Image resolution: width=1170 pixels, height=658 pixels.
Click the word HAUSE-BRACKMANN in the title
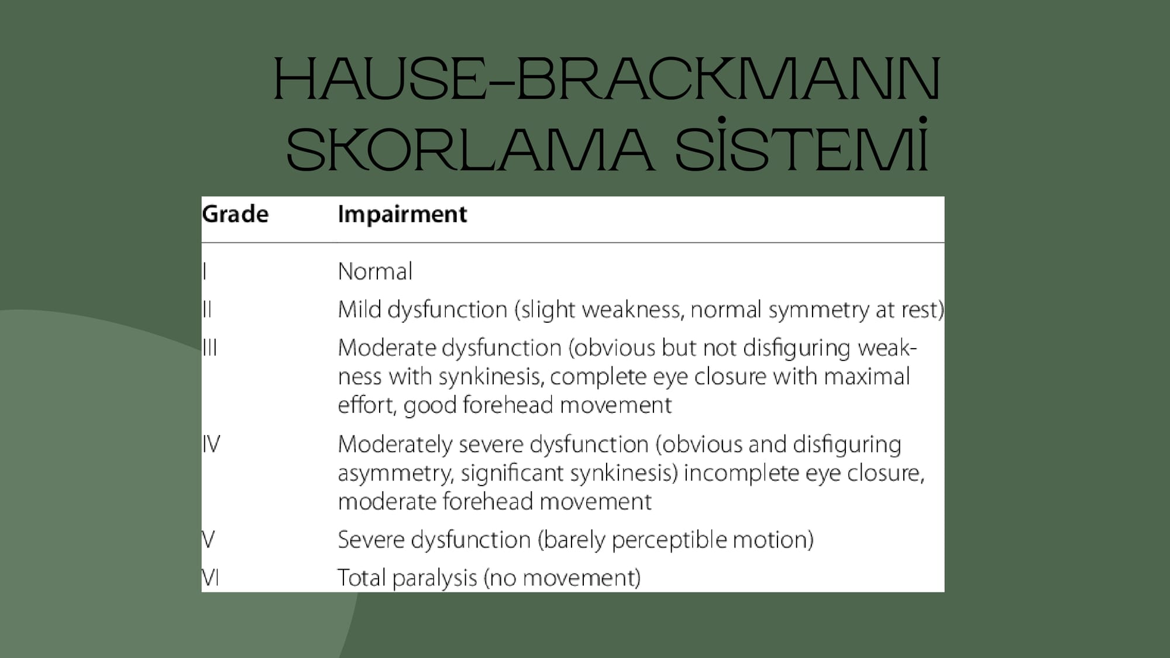(607, 79)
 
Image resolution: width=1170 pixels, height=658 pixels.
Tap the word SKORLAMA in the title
(469, 150)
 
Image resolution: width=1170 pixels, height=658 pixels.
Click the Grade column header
(235, 215)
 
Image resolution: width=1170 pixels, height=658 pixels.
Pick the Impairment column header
(402, 215)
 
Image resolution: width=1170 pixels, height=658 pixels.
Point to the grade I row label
(205, 271)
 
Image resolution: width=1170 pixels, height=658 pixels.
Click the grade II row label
(207, 309)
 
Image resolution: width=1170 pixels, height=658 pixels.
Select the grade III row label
(209, 347)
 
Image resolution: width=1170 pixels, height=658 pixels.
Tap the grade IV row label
(211, 444)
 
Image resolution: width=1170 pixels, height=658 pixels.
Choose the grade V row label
(208, 539)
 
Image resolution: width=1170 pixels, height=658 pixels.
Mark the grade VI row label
(211, 577)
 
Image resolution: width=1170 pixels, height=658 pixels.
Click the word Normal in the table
(375, 271)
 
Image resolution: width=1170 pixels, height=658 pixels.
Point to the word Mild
(359, 309)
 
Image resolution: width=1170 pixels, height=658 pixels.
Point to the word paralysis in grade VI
(435, 578)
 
